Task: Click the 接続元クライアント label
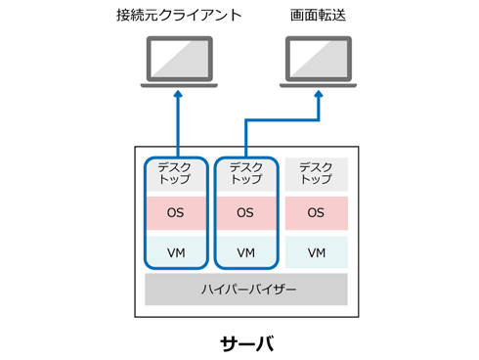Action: [179, 15]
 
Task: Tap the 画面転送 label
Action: [318, 15]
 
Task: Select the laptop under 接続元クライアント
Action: [179, 62]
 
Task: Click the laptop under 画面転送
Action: [319, 62]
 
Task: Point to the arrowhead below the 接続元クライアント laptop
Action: [178, 94]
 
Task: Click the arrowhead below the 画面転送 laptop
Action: [319, 94]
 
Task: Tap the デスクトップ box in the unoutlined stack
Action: [317, 174]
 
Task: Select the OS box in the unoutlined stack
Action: [317, 213]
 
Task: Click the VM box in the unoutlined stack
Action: [317, 252]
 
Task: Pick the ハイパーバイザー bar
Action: [246, 290]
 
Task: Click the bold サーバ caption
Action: [247, 343]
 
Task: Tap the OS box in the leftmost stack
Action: [176, 213]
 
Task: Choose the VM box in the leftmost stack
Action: [176, 251]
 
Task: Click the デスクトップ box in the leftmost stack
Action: [176, 175]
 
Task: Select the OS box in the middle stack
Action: [246, 213]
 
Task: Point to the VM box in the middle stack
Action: [246, 251]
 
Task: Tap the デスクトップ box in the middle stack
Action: [246, 175]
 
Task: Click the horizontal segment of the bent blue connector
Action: [283, 120]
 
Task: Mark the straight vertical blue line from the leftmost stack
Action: [178, 126]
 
